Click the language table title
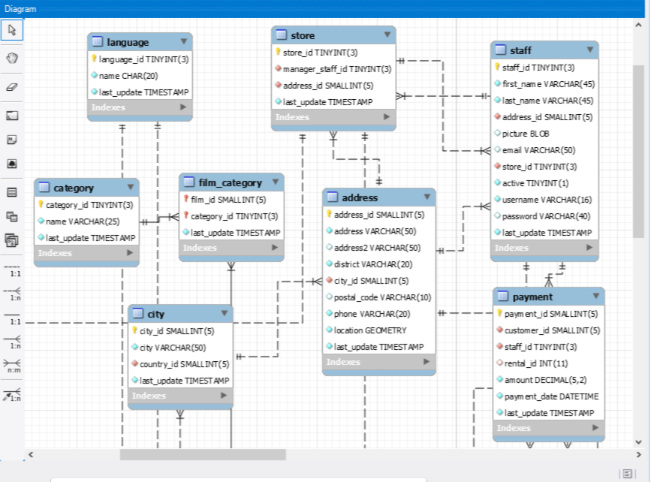point(128,42)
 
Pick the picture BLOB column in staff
point(526,134)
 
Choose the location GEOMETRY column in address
point(370,330)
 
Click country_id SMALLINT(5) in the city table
point(184,364)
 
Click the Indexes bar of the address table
point(379,362)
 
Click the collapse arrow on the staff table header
point(590,50)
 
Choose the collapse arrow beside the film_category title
point(276,182)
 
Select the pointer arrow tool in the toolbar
point(12,30)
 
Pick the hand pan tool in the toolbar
point(12,59)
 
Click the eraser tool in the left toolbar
point(12,87)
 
